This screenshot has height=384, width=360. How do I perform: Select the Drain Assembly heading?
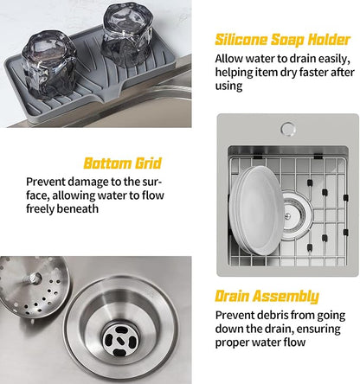pos(266,296)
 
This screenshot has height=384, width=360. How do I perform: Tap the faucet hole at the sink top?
pos(287,130)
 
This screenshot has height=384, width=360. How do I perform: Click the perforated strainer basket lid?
pos(25,299)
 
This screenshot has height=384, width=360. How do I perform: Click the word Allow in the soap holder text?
pos(231,59)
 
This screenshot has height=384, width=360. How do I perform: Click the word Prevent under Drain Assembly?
pos(237,316)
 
